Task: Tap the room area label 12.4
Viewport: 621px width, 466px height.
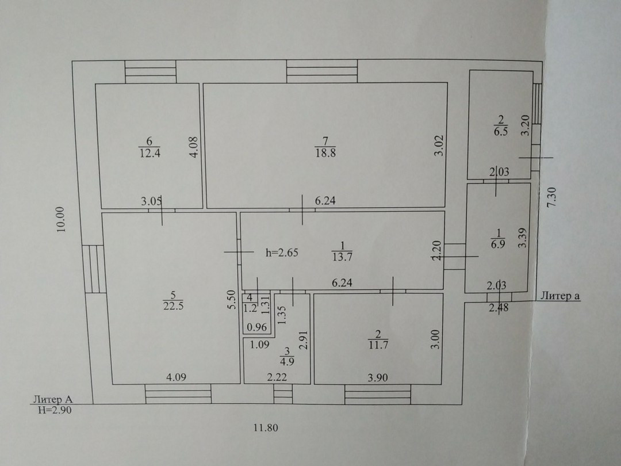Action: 149,153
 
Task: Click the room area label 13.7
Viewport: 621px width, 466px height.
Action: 342,257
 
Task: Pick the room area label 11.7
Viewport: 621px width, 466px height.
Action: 378,345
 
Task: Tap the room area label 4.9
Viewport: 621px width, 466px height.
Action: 287,362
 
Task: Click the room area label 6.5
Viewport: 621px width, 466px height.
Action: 500,131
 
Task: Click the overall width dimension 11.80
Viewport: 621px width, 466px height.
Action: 266,428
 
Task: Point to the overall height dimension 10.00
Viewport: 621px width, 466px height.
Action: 62,219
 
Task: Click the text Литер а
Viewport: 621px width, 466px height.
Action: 559,296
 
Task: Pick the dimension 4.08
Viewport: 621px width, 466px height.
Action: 194,147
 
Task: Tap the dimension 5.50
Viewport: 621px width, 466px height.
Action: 230,300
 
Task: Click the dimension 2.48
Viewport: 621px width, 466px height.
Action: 498,308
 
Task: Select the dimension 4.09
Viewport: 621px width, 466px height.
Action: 176,378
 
